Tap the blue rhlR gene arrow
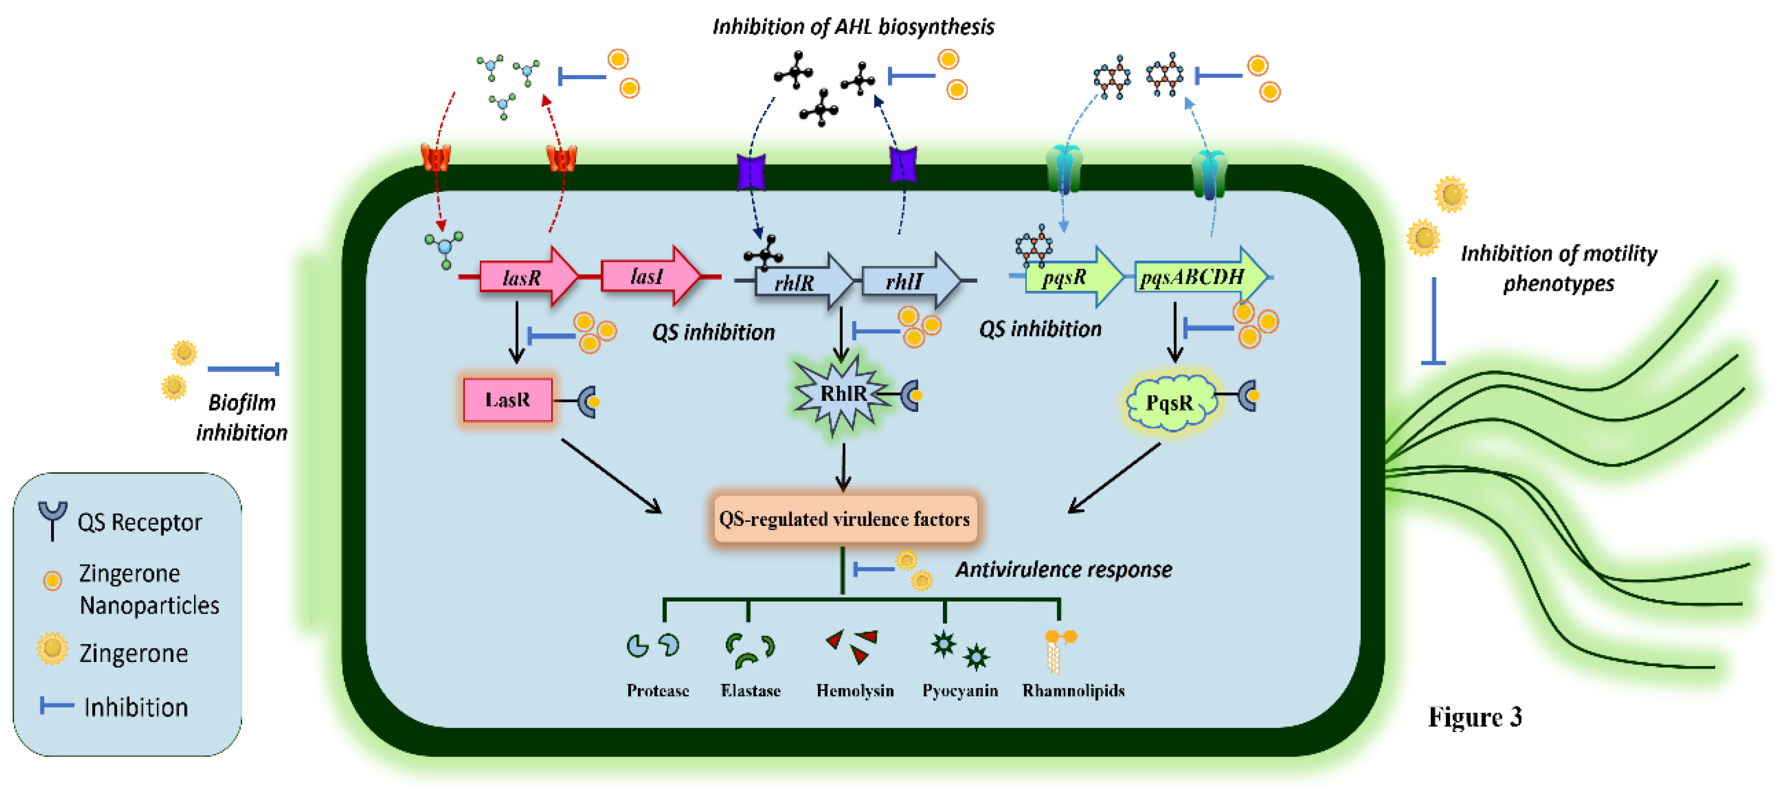[800, 281]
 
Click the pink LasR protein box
[508, 400]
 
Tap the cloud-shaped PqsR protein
[1169, 403]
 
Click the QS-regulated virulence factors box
[844, 518]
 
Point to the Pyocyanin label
[960, 690]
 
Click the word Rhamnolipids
[1073, 690]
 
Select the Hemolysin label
[854, 690]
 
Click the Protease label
[657, 690]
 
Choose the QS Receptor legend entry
[138, 522]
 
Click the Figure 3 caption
[1474, 717]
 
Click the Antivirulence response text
[1063, 569]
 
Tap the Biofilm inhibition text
[241, 417]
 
